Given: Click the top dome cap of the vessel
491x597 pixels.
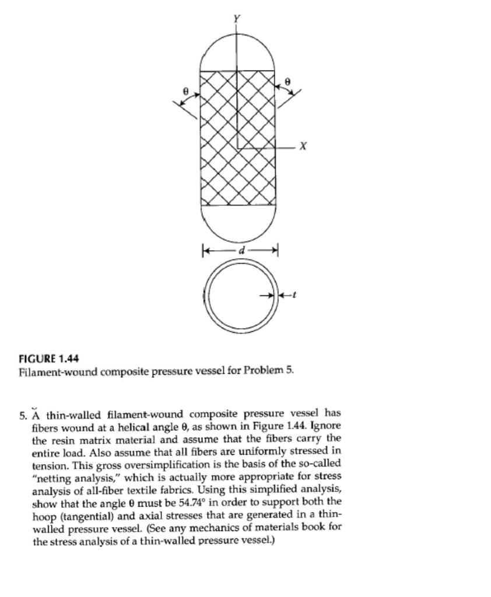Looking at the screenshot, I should coord(237,52).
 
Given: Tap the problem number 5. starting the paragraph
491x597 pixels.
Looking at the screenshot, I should coord(23,416).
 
